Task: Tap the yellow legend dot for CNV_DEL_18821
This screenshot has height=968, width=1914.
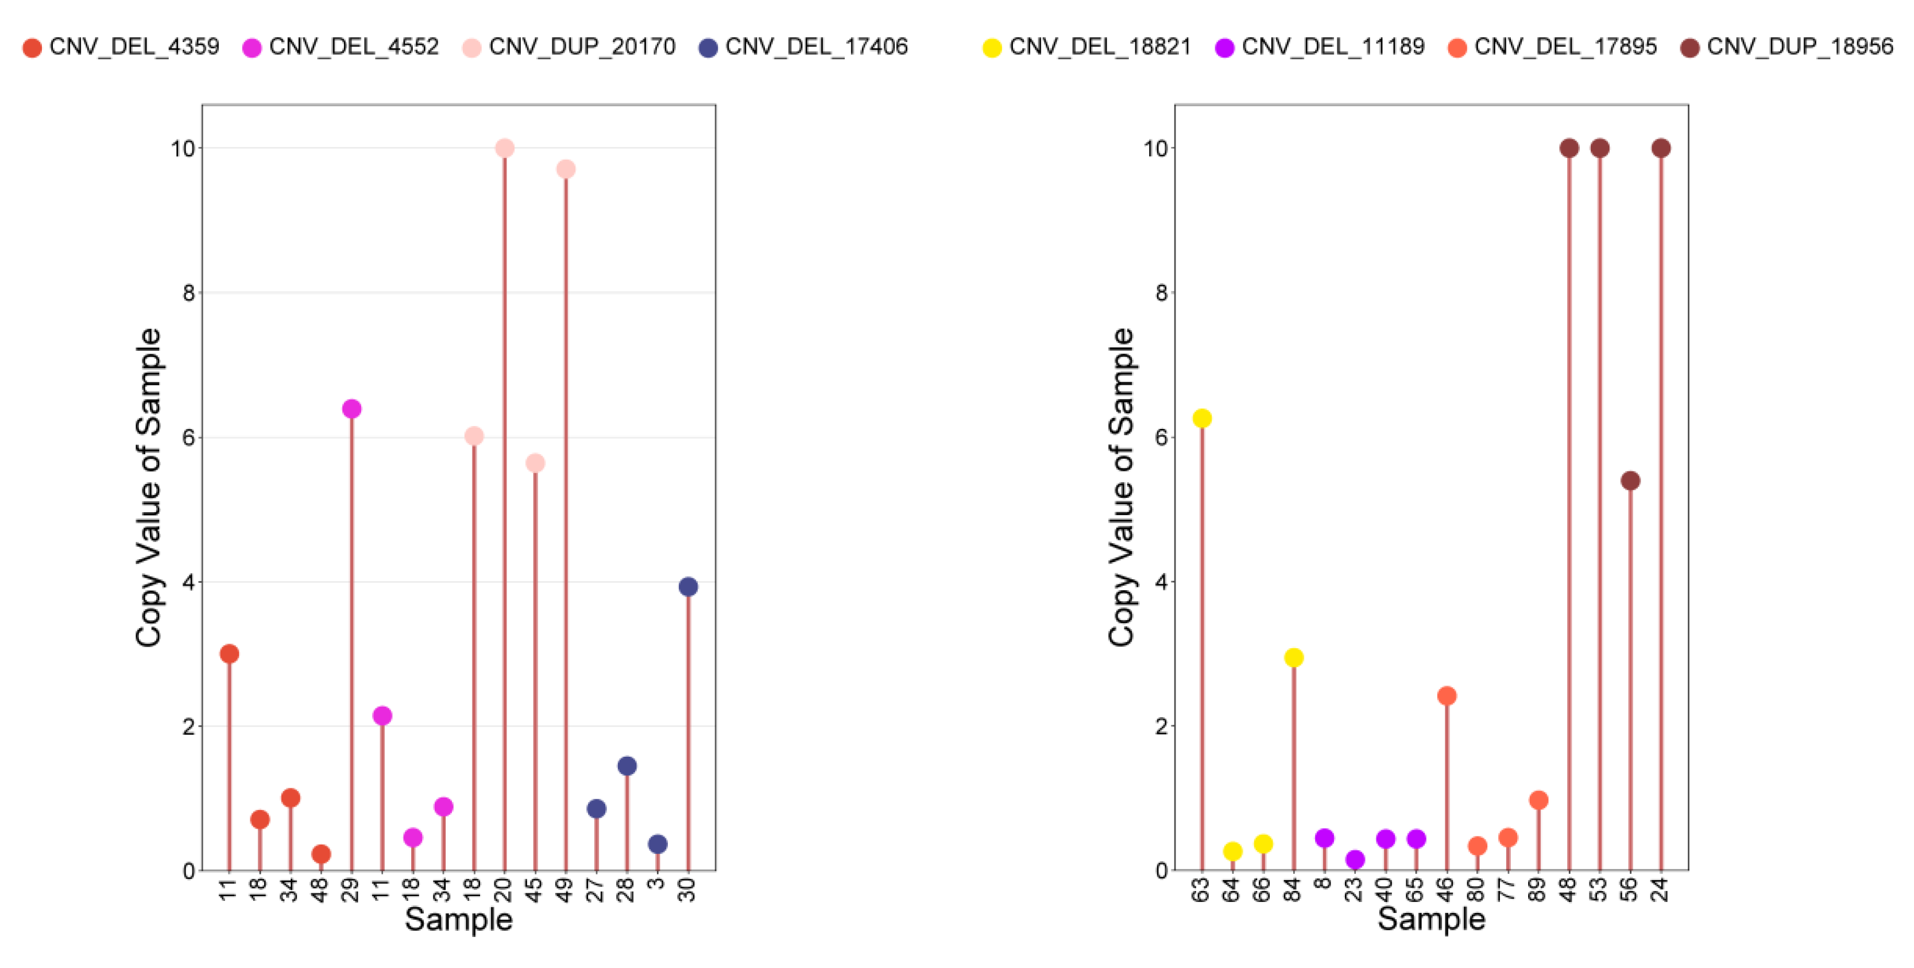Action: pos(992,48)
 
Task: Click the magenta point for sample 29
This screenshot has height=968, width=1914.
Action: pos(351,409)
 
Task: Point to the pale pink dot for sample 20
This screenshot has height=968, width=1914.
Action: pos(505,149)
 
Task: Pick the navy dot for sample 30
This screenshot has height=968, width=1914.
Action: pos(688,587)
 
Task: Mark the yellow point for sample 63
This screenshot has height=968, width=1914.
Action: pos(1201,418)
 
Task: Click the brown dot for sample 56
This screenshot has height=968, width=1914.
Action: pos(1630,481)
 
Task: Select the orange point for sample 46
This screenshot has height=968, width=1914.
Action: pos(1446,696)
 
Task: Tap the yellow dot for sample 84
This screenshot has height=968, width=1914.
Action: pos(1294,657)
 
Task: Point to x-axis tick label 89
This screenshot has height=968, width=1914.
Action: pos(1538,889)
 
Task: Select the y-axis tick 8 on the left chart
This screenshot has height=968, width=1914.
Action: pos(189,293)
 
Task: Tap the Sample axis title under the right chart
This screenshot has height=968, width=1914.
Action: pos(1431,920)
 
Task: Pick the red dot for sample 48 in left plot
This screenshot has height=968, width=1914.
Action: pos(321,854)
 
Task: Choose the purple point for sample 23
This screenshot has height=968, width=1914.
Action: pos(1355,859)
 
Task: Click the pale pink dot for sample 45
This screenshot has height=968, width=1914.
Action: pos(535,463)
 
